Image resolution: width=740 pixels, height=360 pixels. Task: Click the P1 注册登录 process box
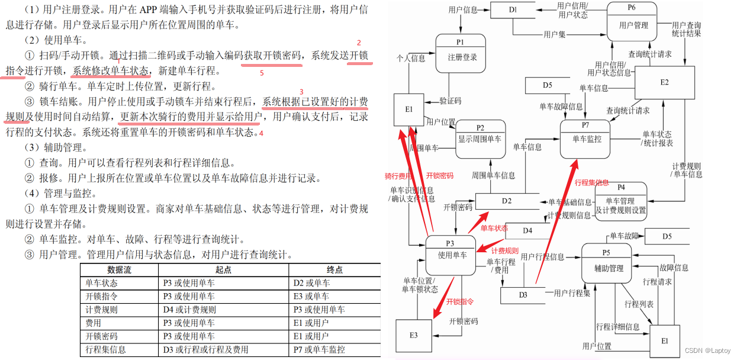click(460, 53)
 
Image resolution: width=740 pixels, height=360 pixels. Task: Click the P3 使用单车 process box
click(451, 255)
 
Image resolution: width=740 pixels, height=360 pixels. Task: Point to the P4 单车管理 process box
click(620, 201)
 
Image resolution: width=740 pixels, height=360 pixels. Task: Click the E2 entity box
click(664, 82)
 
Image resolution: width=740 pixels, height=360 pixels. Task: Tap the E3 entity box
click(413, 335)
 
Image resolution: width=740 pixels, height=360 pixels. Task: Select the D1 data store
click(513, 10)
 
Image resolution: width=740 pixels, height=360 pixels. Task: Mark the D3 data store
click(523, 294)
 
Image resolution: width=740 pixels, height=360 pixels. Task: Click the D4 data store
click(527, 230)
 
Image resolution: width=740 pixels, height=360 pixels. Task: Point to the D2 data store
click(506, 201)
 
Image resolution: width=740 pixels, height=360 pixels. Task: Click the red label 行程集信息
click(592, 183)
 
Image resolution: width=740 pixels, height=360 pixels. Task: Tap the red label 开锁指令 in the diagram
click(461, 301)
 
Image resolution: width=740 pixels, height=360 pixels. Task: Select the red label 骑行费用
click(398, 176)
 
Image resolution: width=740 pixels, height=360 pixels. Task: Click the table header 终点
click(334, 269)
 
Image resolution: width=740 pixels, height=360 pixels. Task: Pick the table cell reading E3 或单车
click(311, 296)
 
